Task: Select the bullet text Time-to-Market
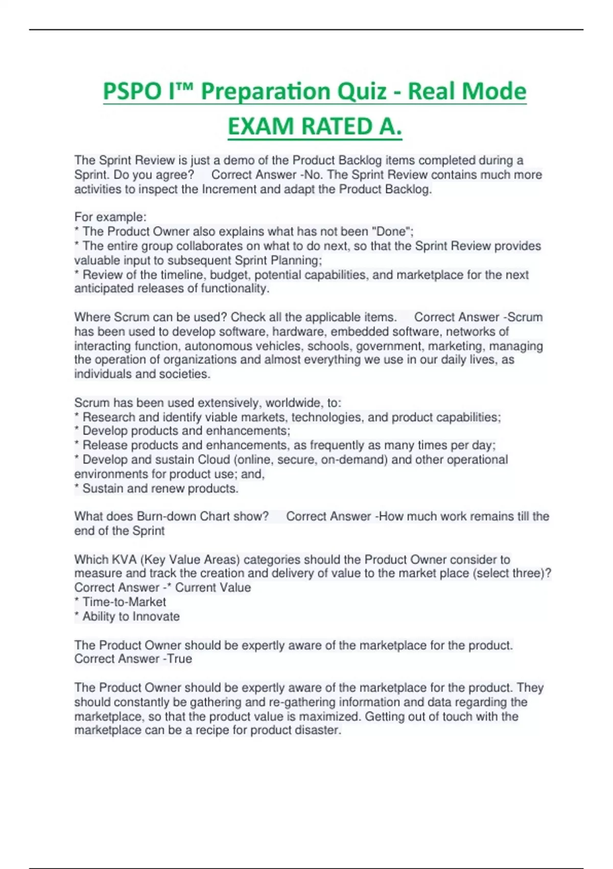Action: tap(124, 602)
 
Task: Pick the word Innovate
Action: tap(156, 616)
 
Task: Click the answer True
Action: tap(179, 659)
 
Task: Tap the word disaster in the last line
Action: tap(317, 730)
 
